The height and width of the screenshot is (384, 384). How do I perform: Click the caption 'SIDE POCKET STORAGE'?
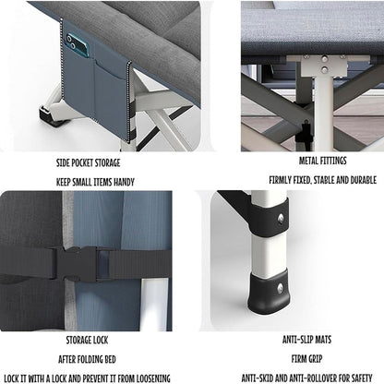pos(95,162)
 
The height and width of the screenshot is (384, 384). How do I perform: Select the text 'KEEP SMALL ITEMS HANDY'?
pos(95,182)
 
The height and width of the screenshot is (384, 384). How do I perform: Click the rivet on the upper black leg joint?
pos(280,218)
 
